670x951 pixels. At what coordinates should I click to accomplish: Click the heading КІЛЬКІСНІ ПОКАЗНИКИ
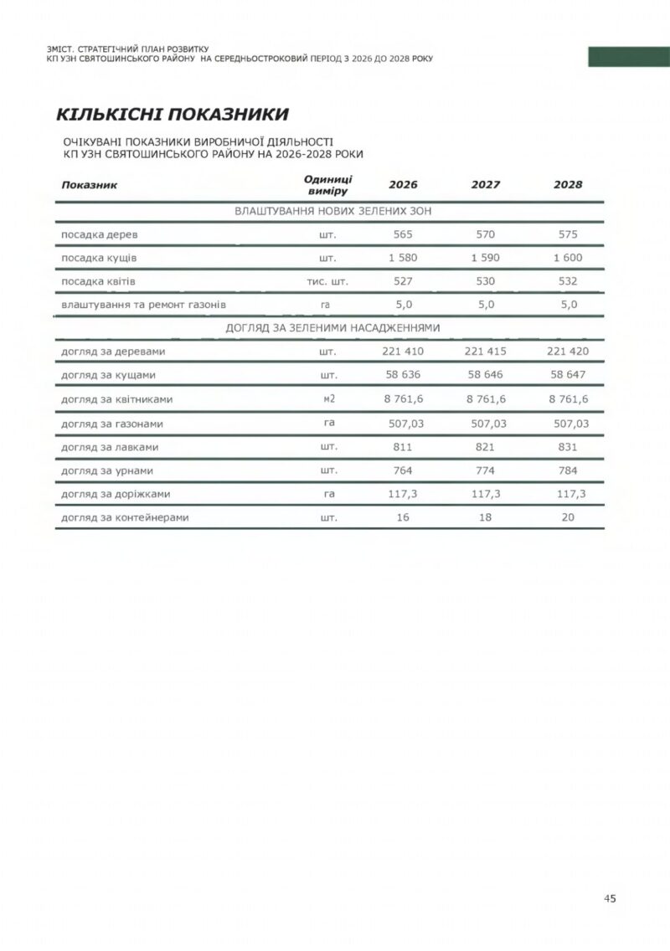[x=173, y=114]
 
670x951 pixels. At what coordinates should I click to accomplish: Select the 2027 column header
[x=486, y=184]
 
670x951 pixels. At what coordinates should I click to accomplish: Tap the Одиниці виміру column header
[x=327, y=185]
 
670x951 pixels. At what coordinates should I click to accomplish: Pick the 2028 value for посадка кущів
[x=568, y=258]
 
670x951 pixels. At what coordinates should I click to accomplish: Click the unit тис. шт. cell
[x=327, y=281]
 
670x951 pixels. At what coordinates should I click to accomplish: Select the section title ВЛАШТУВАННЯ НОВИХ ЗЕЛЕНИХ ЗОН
[x=332, y=212]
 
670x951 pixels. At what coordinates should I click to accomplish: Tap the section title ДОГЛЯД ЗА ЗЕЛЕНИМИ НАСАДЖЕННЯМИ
[x=332, y=327]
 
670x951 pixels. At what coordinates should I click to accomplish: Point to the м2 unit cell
[x=328, y=399]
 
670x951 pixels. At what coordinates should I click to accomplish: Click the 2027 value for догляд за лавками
[x=486, y=447]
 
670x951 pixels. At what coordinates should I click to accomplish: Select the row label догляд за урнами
[x=106, y=471]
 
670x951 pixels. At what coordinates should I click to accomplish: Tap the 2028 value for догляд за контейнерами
[x=568, y=518]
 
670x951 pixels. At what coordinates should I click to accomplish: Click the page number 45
[x=610, y=898]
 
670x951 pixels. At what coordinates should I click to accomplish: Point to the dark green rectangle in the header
[x=629, y=57]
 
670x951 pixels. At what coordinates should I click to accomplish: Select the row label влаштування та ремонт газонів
[x=143, y=305]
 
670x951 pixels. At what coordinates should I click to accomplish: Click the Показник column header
[x=89, y=184]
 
